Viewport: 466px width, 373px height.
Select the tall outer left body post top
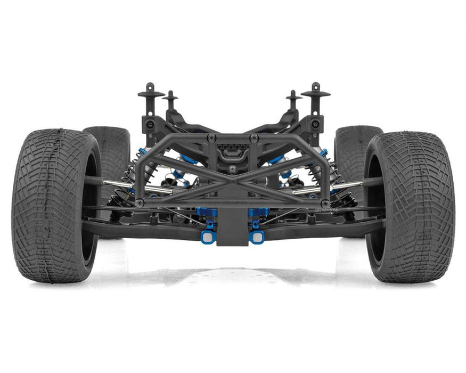click(x=151, y=92)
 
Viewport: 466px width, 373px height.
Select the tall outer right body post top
click(x=315, y=92)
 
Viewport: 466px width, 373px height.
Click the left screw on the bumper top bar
click(x=213, y=138)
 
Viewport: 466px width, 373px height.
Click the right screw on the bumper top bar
click(x=254, y=138)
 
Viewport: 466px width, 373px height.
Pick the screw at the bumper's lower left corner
click(x=140, y=203)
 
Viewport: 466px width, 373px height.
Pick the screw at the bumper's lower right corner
click(x=325, y=203)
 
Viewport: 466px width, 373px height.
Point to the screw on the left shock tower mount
click(x=151, y=124)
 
